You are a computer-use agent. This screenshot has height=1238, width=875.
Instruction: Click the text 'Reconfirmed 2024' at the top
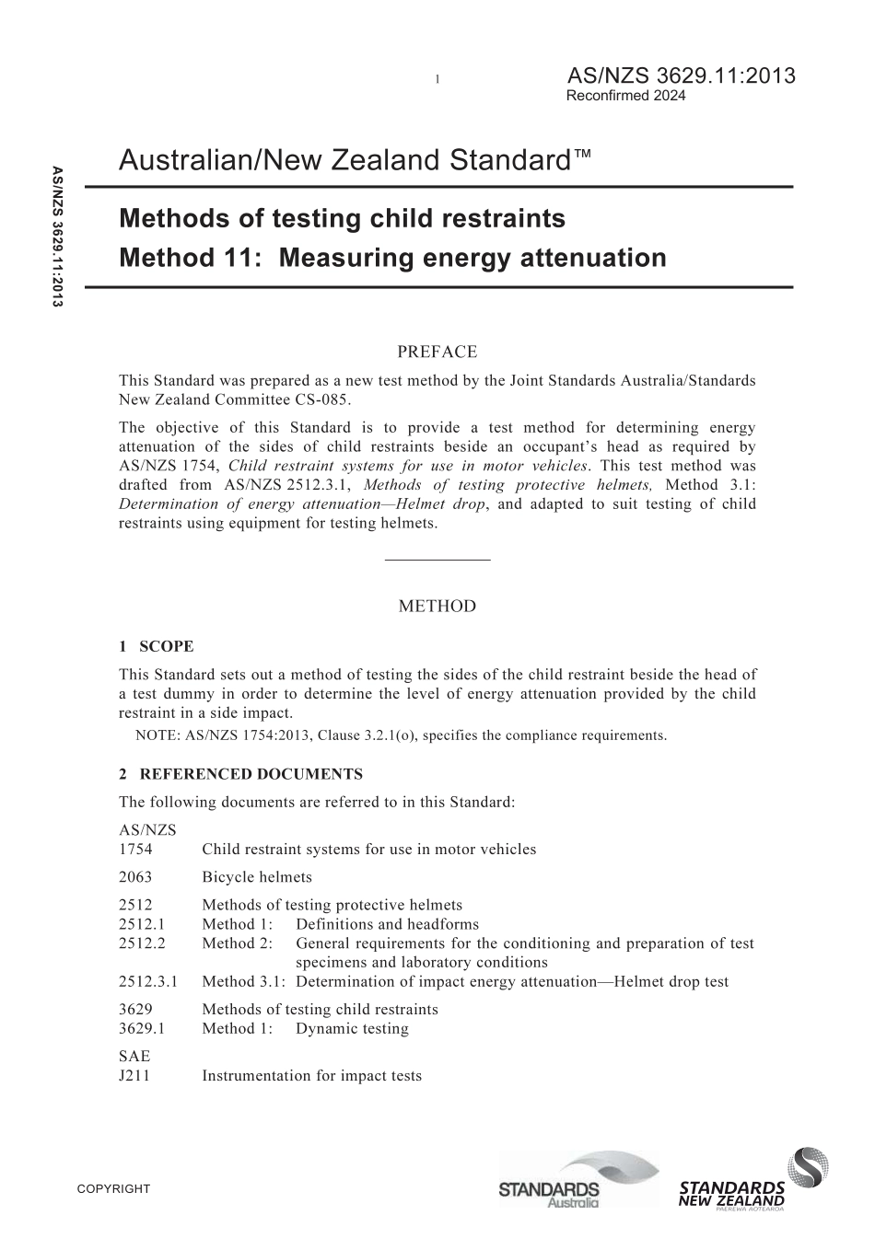(x=625, y=96)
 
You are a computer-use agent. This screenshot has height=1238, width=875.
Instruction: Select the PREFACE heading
(x=437, y=352)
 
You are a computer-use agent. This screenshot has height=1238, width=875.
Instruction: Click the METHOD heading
(x=437, y=606)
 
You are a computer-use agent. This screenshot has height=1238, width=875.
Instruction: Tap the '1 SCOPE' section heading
(x=156, y=647)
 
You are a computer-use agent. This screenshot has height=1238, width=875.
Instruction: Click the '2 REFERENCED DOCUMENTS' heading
(x=240, y=774)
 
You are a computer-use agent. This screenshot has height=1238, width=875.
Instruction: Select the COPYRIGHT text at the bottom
(x=113, y=1188)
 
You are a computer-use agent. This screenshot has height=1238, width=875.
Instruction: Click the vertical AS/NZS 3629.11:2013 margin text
(x=57, y=237)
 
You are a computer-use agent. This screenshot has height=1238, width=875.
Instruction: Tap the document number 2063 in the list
(x=135, y=877)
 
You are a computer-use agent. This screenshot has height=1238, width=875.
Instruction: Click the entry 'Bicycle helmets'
(x=257, y=877)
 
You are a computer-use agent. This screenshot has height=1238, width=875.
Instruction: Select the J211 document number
(x=134, y=1075)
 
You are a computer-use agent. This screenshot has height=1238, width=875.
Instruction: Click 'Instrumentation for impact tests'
(x=311, y=1075)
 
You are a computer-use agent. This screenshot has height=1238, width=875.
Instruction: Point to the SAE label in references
(x=134, y=1056)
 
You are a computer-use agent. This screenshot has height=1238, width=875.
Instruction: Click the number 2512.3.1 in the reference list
(x=148, y=981)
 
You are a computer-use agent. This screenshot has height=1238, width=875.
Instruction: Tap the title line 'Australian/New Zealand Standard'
(x=355, y=161)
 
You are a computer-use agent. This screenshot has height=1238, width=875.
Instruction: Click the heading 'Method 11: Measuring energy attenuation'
(x=392, y=257)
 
